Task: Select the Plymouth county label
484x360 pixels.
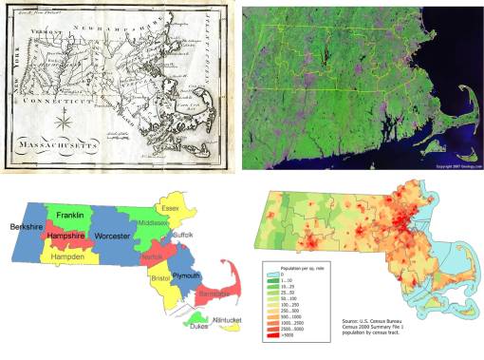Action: click(x=186, y=274)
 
